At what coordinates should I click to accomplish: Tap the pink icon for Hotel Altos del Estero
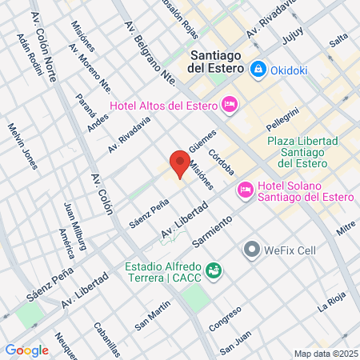(x=229, y=103)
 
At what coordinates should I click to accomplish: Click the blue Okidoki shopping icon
(x=258, y=71)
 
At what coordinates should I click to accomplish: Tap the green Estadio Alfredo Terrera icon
(x=213, y=270)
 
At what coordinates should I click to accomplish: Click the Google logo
(x=26, y=350)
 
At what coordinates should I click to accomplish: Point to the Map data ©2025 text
(x=324, y=354)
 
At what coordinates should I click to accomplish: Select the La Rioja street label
(x=333, y=303)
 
